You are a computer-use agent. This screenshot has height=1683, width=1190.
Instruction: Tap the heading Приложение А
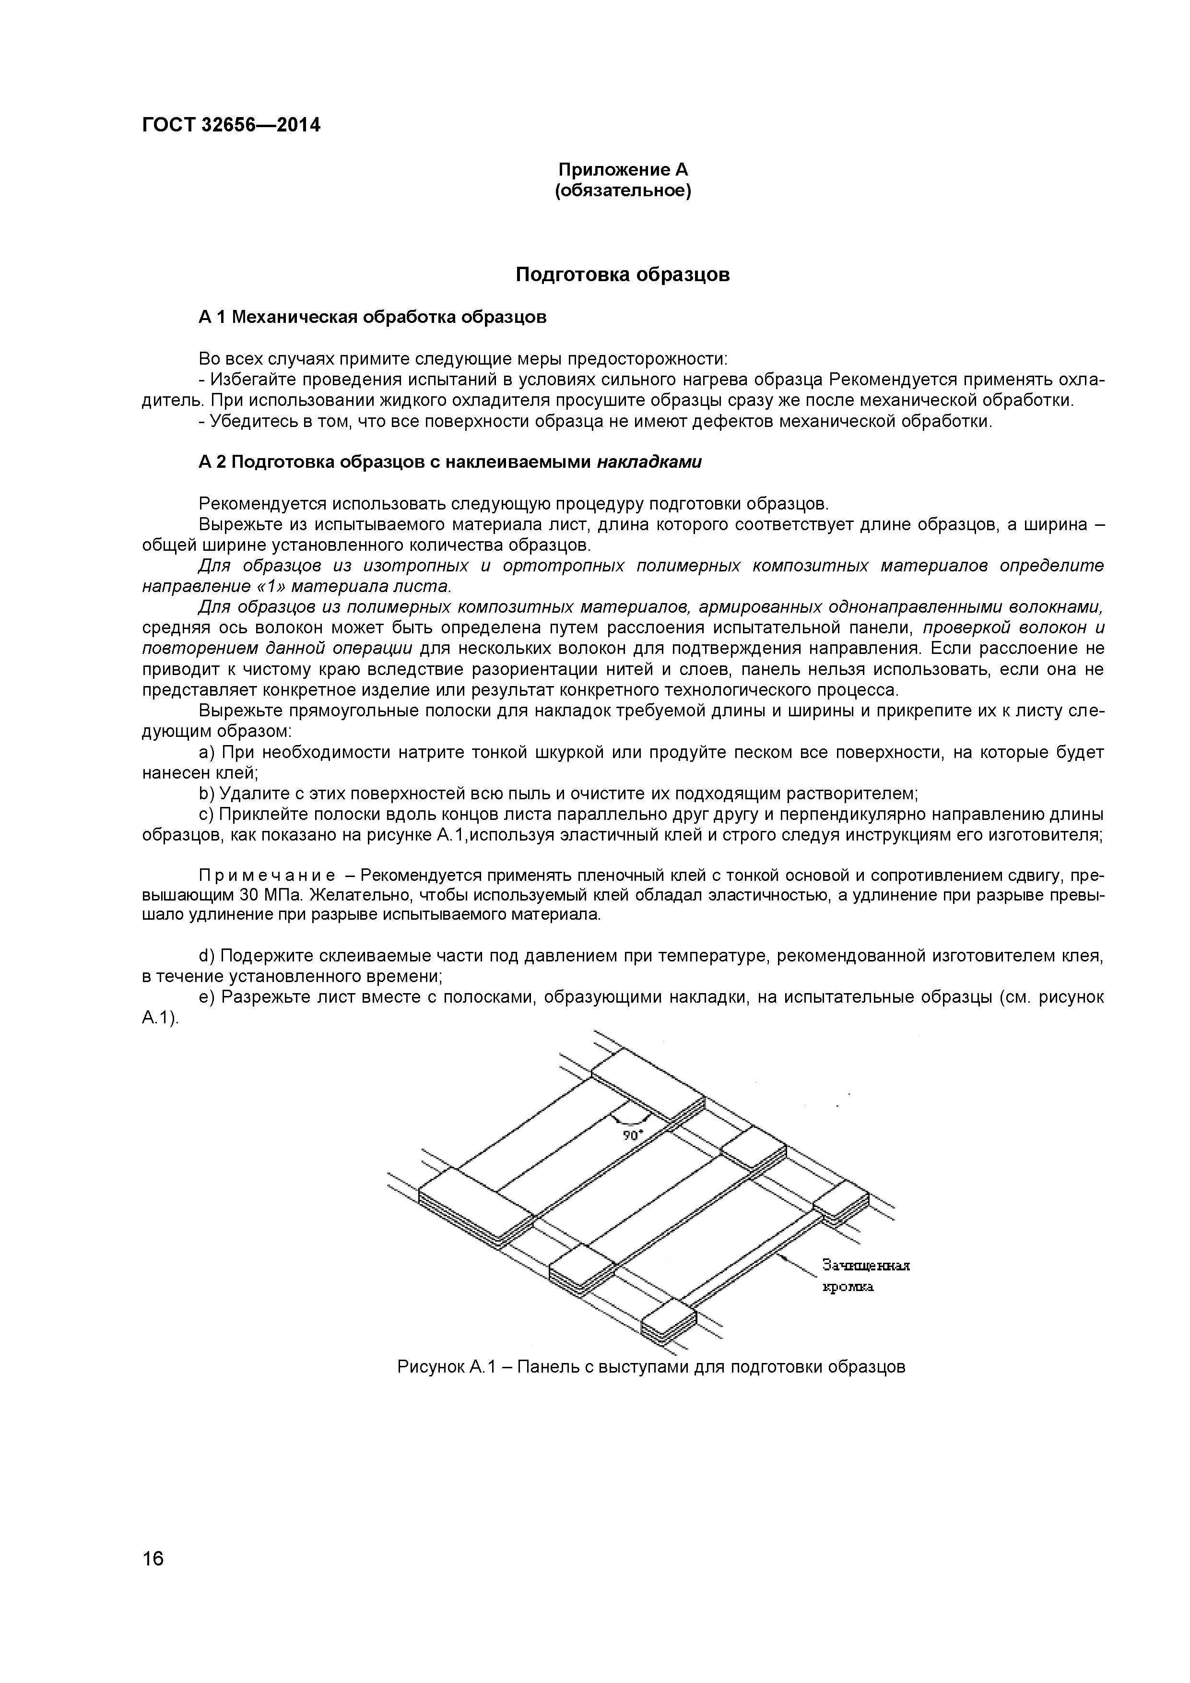click(623, 170)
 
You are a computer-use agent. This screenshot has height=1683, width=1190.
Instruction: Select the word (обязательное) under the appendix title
click(623, 191)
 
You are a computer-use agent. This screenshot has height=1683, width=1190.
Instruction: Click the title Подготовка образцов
click(623, 275)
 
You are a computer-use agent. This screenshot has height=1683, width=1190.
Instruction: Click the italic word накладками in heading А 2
click(649, 462)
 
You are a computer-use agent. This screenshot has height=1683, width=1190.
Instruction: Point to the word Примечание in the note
click(268, 875)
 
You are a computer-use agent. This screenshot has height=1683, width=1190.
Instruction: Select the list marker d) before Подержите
click(206, 956)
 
